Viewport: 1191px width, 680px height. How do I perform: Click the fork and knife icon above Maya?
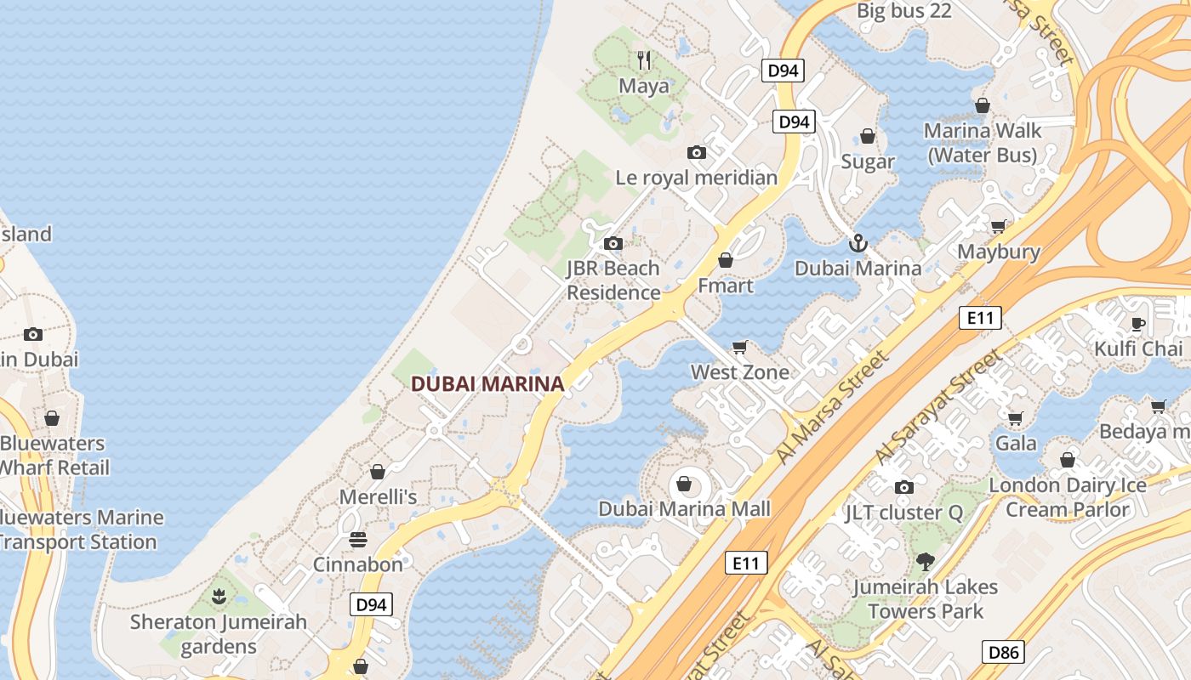[x=644, y=60]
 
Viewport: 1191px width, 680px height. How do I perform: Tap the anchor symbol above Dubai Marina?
[x=858, y=244]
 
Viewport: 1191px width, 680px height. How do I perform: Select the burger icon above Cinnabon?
[x=358, y=540]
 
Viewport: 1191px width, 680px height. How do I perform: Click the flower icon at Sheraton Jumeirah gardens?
[x=219, y=597]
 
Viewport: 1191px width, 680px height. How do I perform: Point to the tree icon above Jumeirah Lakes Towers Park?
[x=925, y=562]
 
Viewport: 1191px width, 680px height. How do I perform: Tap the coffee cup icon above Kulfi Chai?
[x=1137, y=324]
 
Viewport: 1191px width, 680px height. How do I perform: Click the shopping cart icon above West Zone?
[x=739, y=347]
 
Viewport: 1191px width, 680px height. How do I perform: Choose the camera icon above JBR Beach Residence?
[x=613, y=244]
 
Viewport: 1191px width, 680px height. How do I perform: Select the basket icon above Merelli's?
[x=378, y=472]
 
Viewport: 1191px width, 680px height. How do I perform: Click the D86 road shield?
[x=1004, y=652]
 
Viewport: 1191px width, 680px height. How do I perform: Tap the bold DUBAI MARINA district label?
[x=487, y=384]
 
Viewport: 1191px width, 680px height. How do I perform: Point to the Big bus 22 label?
[x=903, y=11]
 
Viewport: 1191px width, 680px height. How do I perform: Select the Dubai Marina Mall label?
[x=684, y=509]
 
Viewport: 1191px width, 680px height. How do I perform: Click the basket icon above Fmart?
[x=726, y=261]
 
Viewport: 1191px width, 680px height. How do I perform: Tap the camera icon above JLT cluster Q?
[x=903, y=488]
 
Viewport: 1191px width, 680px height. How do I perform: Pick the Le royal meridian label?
[x=696, y=178]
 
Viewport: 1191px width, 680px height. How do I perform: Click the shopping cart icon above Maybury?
[x=998, y=227]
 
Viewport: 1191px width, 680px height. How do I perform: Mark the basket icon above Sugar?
[x=868, y=137]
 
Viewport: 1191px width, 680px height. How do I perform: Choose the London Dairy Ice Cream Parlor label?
[x=1068, y=497]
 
